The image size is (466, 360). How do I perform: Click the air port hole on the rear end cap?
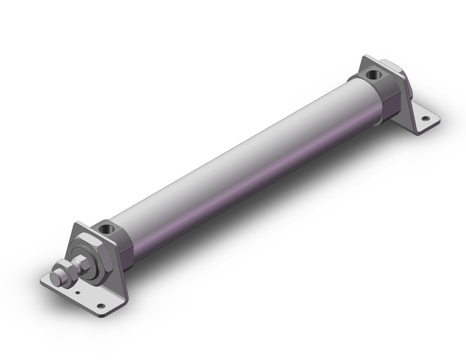coord(373,77)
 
